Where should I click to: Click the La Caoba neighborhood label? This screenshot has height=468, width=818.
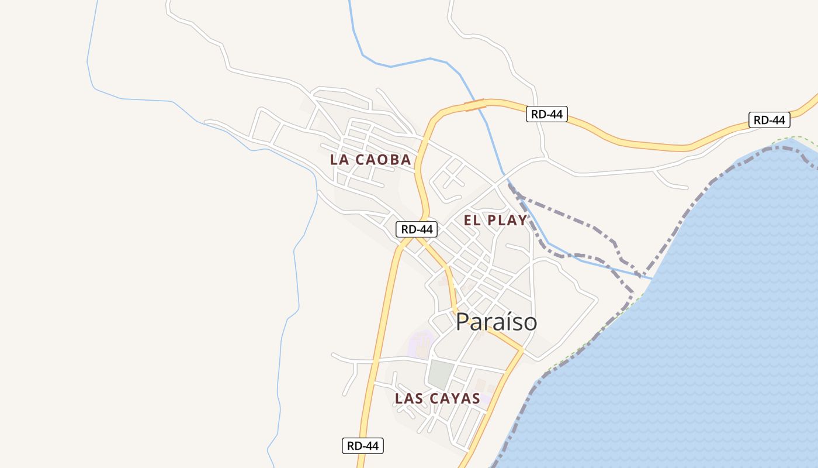[x=370, y=159]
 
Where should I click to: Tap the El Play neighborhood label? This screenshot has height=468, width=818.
[x=495, y=221]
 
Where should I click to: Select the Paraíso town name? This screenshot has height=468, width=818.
[x=496, y=322]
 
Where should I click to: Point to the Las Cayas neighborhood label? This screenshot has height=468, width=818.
[x=437, y=399]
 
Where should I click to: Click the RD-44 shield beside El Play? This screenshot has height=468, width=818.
[x=417, y=229]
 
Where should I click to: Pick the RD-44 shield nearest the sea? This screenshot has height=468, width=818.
[x=770, y=121]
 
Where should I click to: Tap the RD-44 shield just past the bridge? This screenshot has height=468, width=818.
[x=547, y=114]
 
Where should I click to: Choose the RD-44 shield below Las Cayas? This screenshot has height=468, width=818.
[x=363, y=446]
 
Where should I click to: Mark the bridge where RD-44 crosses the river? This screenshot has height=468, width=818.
[x=475, y=105]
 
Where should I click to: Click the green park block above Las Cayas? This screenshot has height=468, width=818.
[x=440, y=374]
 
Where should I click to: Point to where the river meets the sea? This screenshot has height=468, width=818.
[x=650, y=278]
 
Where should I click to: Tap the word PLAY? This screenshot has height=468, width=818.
[x=508, y=221]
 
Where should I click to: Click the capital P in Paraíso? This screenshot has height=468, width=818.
[x=462, y=322]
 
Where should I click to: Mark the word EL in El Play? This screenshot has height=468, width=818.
[x=472, y=221]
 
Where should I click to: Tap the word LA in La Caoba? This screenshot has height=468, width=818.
[x=339, y=159]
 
